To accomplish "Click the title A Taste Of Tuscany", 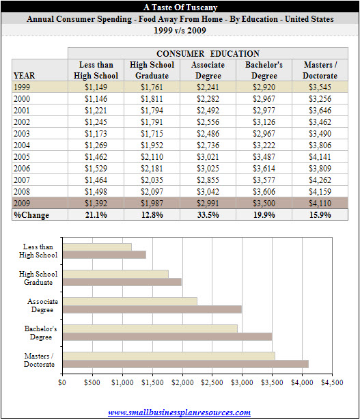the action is pyautogui.click(x=180, y=8).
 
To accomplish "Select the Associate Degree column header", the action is pyautogui.click(x=208, y=70).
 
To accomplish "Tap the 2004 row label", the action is pyautogui.click(x=22, y=145).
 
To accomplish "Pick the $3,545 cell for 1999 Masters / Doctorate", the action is pyautogui.click(x=320, y=87).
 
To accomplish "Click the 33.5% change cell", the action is pyautogui.click(x=208, y=215).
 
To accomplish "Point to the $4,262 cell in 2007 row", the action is pyautogui.click(x=320, y=180).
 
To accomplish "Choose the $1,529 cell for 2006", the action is pyautogui.click(x=96, y=169).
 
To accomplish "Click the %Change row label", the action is pyautogui.click(x=31, y=215).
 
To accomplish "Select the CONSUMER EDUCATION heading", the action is pyautogui.click(x=208, y=53).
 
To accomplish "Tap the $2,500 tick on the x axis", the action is pyautogui.click(x=212, y=382).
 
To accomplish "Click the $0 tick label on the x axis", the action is pyautogui.click(x=62, y=382).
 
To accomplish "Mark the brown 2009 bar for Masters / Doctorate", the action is pyautogui.click(x=186, y=364).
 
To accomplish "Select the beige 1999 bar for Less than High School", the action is pyautogui.click(x=97, y=247).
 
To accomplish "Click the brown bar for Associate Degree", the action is pyautogui.click(x=152, y=309).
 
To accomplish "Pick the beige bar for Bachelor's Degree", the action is pyautogui.click(x=150, y=328).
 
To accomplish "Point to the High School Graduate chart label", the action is pyautogui.click(x=38, y=278).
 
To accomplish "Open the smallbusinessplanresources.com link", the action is pyautogui.click(x=179, y=412).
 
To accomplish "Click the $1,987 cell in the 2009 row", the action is pyautogui.click(x=152, y=204).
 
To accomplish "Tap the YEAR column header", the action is pyautogui.click(x=24, y=76).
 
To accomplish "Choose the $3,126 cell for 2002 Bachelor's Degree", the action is pyautogui.click(x=264, y=122).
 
